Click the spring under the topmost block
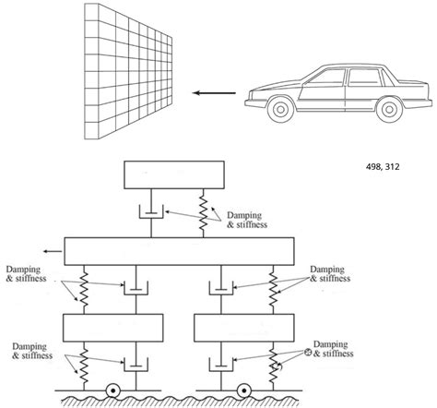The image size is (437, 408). coord(203,213)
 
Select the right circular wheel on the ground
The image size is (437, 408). coord(247,391)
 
